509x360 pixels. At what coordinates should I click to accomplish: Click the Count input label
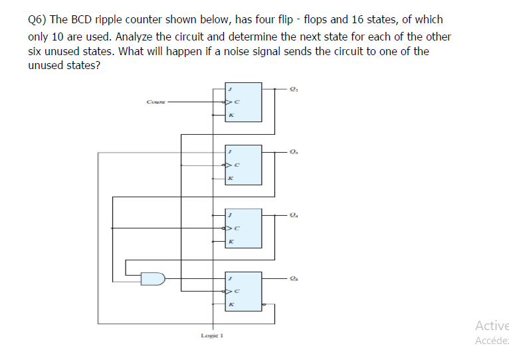(155, 102)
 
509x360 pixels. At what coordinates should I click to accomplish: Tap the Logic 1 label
(212, 335)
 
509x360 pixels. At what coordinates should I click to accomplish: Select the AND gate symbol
(153, 278)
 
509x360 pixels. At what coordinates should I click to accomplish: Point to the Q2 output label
(294, 153)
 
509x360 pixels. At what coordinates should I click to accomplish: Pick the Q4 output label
(294, 215)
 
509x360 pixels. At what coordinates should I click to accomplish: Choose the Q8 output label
(294, 279)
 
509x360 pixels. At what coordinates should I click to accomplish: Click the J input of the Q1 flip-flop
(230, 88)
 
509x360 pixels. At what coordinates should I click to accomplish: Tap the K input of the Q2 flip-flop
(230, 179)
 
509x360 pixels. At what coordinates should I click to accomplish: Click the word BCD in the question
(72, 20)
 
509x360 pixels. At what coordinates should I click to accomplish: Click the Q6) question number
(37, 20)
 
